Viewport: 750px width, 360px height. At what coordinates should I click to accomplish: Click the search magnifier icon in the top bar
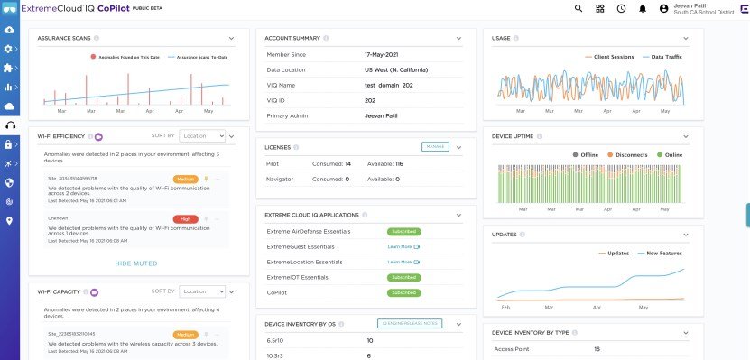pyautogui.click(x=579, y=8)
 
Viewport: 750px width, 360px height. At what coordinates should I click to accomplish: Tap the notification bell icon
pyautogui.click(x=643, y=8)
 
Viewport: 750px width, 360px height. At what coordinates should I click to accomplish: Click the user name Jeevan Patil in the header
pyautogui.click(x=690, y=5)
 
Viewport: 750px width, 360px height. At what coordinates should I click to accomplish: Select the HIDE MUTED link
pyautogui.click(x=136, y=263)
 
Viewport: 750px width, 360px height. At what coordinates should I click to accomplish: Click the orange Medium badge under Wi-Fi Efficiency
pyautogui.click(x=185, y=179)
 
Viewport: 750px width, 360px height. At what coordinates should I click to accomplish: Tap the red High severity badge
pyautogui.click(x=185, y=218)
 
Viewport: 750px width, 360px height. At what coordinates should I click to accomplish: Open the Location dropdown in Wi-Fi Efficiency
pyautogui.click(x=202, y=136)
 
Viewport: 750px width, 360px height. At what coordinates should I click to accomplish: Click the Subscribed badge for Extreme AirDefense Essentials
pyautogui.click(x=403, y=232)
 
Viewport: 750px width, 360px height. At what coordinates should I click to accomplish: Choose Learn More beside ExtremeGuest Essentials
pyautogui.click(x=403, y=246)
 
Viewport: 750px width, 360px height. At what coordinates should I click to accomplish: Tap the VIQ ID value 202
pyautogui.click(x=370, y=100)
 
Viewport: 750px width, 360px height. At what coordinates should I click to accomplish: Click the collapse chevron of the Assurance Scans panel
pyautogui.click(x=232, y=39)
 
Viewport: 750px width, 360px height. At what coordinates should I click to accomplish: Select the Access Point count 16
pyautogui.click(x=597, y=348)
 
